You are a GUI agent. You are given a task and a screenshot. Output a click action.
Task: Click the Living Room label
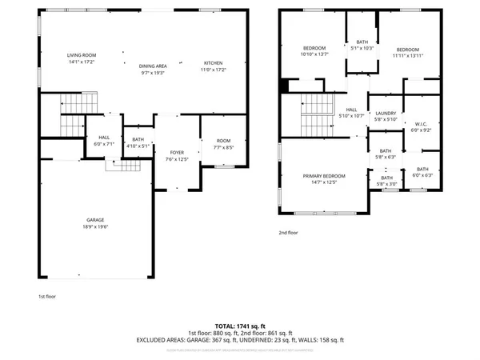tap(82, 54)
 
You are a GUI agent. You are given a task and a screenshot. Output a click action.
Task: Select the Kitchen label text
tap(213, 63)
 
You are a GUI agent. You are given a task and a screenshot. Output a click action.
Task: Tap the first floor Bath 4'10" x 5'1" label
tap(138, 141)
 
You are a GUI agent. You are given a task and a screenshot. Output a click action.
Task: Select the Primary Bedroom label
tap(324, 175)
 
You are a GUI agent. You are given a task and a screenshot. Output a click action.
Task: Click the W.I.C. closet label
tap(421, 124)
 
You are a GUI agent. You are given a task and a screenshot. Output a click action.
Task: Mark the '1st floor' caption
tap(46, 296)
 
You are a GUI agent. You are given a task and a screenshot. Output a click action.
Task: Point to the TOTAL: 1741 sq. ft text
tap(240, 326)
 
